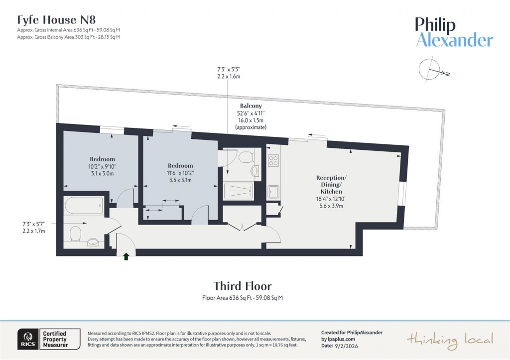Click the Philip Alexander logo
[454, 32]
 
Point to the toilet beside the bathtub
[76, 233]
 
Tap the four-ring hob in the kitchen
[273, 160]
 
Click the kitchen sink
[273, 191]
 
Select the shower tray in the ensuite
[239, 191]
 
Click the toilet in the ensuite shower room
[246, 158]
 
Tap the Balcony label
[251, 106]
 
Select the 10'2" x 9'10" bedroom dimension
[102, 166]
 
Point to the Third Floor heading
[243, 286]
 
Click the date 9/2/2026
[343, 345]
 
